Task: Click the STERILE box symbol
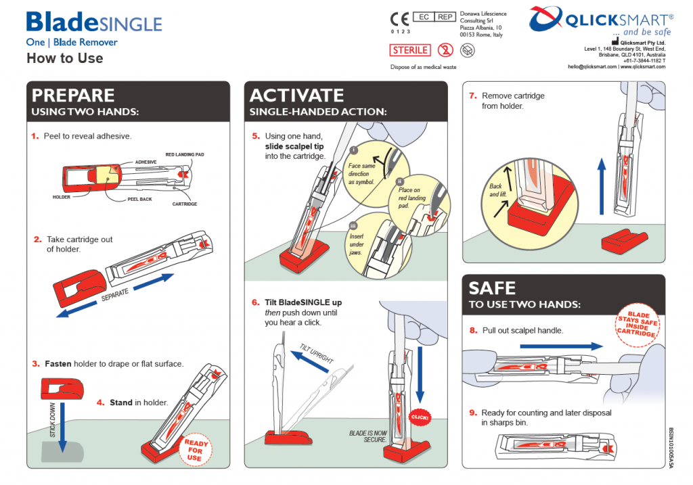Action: click(x=409, y=50)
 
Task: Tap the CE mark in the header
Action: click(x=399, y=20)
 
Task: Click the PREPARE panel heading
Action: click(x=73, y=95)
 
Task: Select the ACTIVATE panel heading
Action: click(x=296, y=95)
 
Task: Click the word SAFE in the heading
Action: click(x=492, y=288)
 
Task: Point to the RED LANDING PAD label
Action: click(x=185, y=155)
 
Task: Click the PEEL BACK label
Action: click(x=139, y=200)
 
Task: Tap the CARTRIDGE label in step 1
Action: click(x=185, y=204)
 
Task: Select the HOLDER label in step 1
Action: click(x=62, y=197)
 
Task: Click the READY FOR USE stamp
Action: click(x=195, y=450)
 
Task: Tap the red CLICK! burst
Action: click(x=420, y=417)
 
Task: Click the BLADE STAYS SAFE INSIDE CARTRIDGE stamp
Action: click(x=637, y=325)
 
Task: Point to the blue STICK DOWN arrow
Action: click(x=63, y=427)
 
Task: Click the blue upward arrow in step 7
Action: click(x=602, y=187)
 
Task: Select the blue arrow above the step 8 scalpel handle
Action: click(x=561, y=346)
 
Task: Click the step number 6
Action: click(x=255, y=302)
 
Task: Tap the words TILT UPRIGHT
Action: click(x=317, y=353)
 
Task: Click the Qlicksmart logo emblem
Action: click(x=546, y=19)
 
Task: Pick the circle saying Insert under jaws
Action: click(x=378, y=246)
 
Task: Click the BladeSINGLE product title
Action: click(x=94, y=22)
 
